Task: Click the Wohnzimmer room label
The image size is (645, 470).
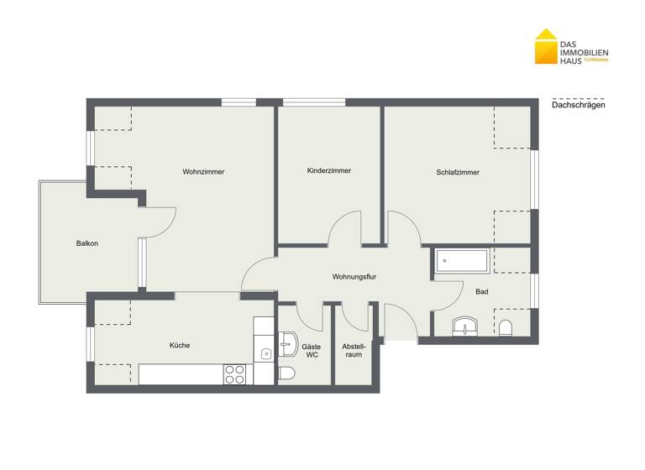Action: click(x=203, y=172)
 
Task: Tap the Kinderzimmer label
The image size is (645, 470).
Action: click(x=329, y=170)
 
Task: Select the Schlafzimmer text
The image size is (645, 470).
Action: click(x=458, y=172)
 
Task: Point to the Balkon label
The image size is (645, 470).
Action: click(x=87, y=243)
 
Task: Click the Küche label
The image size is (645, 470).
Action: click(x=180, y=345)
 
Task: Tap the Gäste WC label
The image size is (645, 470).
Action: click(x=312, y=350)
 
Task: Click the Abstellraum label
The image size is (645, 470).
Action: click(x=353, y=350)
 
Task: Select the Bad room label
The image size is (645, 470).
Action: click(x=481, y=292)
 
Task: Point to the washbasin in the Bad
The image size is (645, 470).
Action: click(x=464, y=326)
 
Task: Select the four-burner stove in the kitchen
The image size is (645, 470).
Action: click(x=234, y=374)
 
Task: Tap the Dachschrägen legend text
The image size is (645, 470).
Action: click(x=579, y=105)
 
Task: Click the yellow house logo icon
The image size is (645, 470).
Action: click(x=545, y=48)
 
